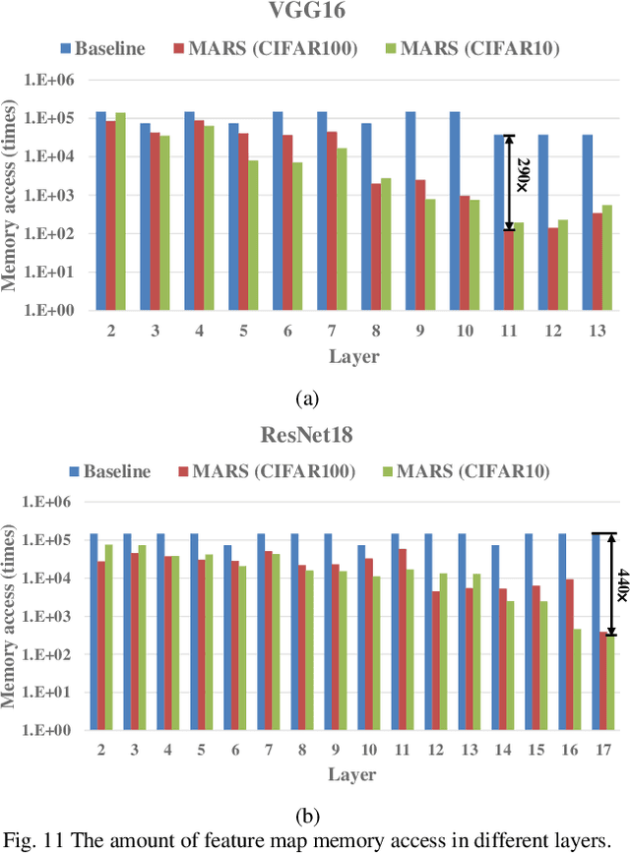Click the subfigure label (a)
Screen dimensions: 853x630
click(308, 398)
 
